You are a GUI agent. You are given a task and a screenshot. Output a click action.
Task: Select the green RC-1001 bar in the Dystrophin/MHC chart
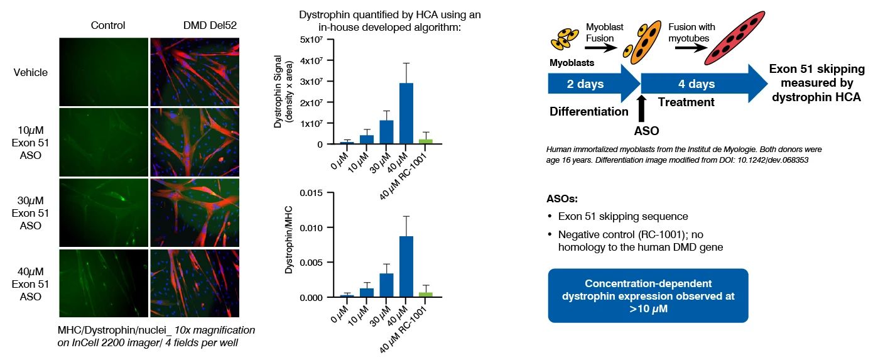[426, 294]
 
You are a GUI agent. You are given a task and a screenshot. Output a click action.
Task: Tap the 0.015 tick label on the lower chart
[308, 193]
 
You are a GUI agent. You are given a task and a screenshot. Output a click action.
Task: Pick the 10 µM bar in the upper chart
[367, 139]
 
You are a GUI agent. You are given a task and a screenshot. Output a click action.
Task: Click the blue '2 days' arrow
[587, 84]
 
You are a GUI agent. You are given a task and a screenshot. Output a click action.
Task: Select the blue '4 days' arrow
[691, 84]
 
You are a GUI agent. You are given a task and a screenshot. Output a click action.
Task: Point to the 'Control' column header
[108, 26]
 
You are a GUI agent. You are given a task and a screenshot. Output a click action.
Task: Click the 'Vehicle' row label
[31, 72]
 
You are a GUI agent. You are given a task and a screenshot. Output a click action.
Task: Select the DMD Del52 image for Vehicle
[195, 72]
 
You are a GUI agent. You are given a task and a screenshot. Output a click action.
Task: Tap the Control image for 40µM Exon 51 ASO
[104, 283]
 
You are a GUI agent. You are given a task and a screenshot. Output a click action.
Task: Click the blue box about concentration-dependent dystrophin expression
[648, 295]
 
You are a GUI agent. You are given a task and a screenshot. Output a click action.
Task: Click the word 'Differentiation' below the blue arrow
[588, 112]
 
